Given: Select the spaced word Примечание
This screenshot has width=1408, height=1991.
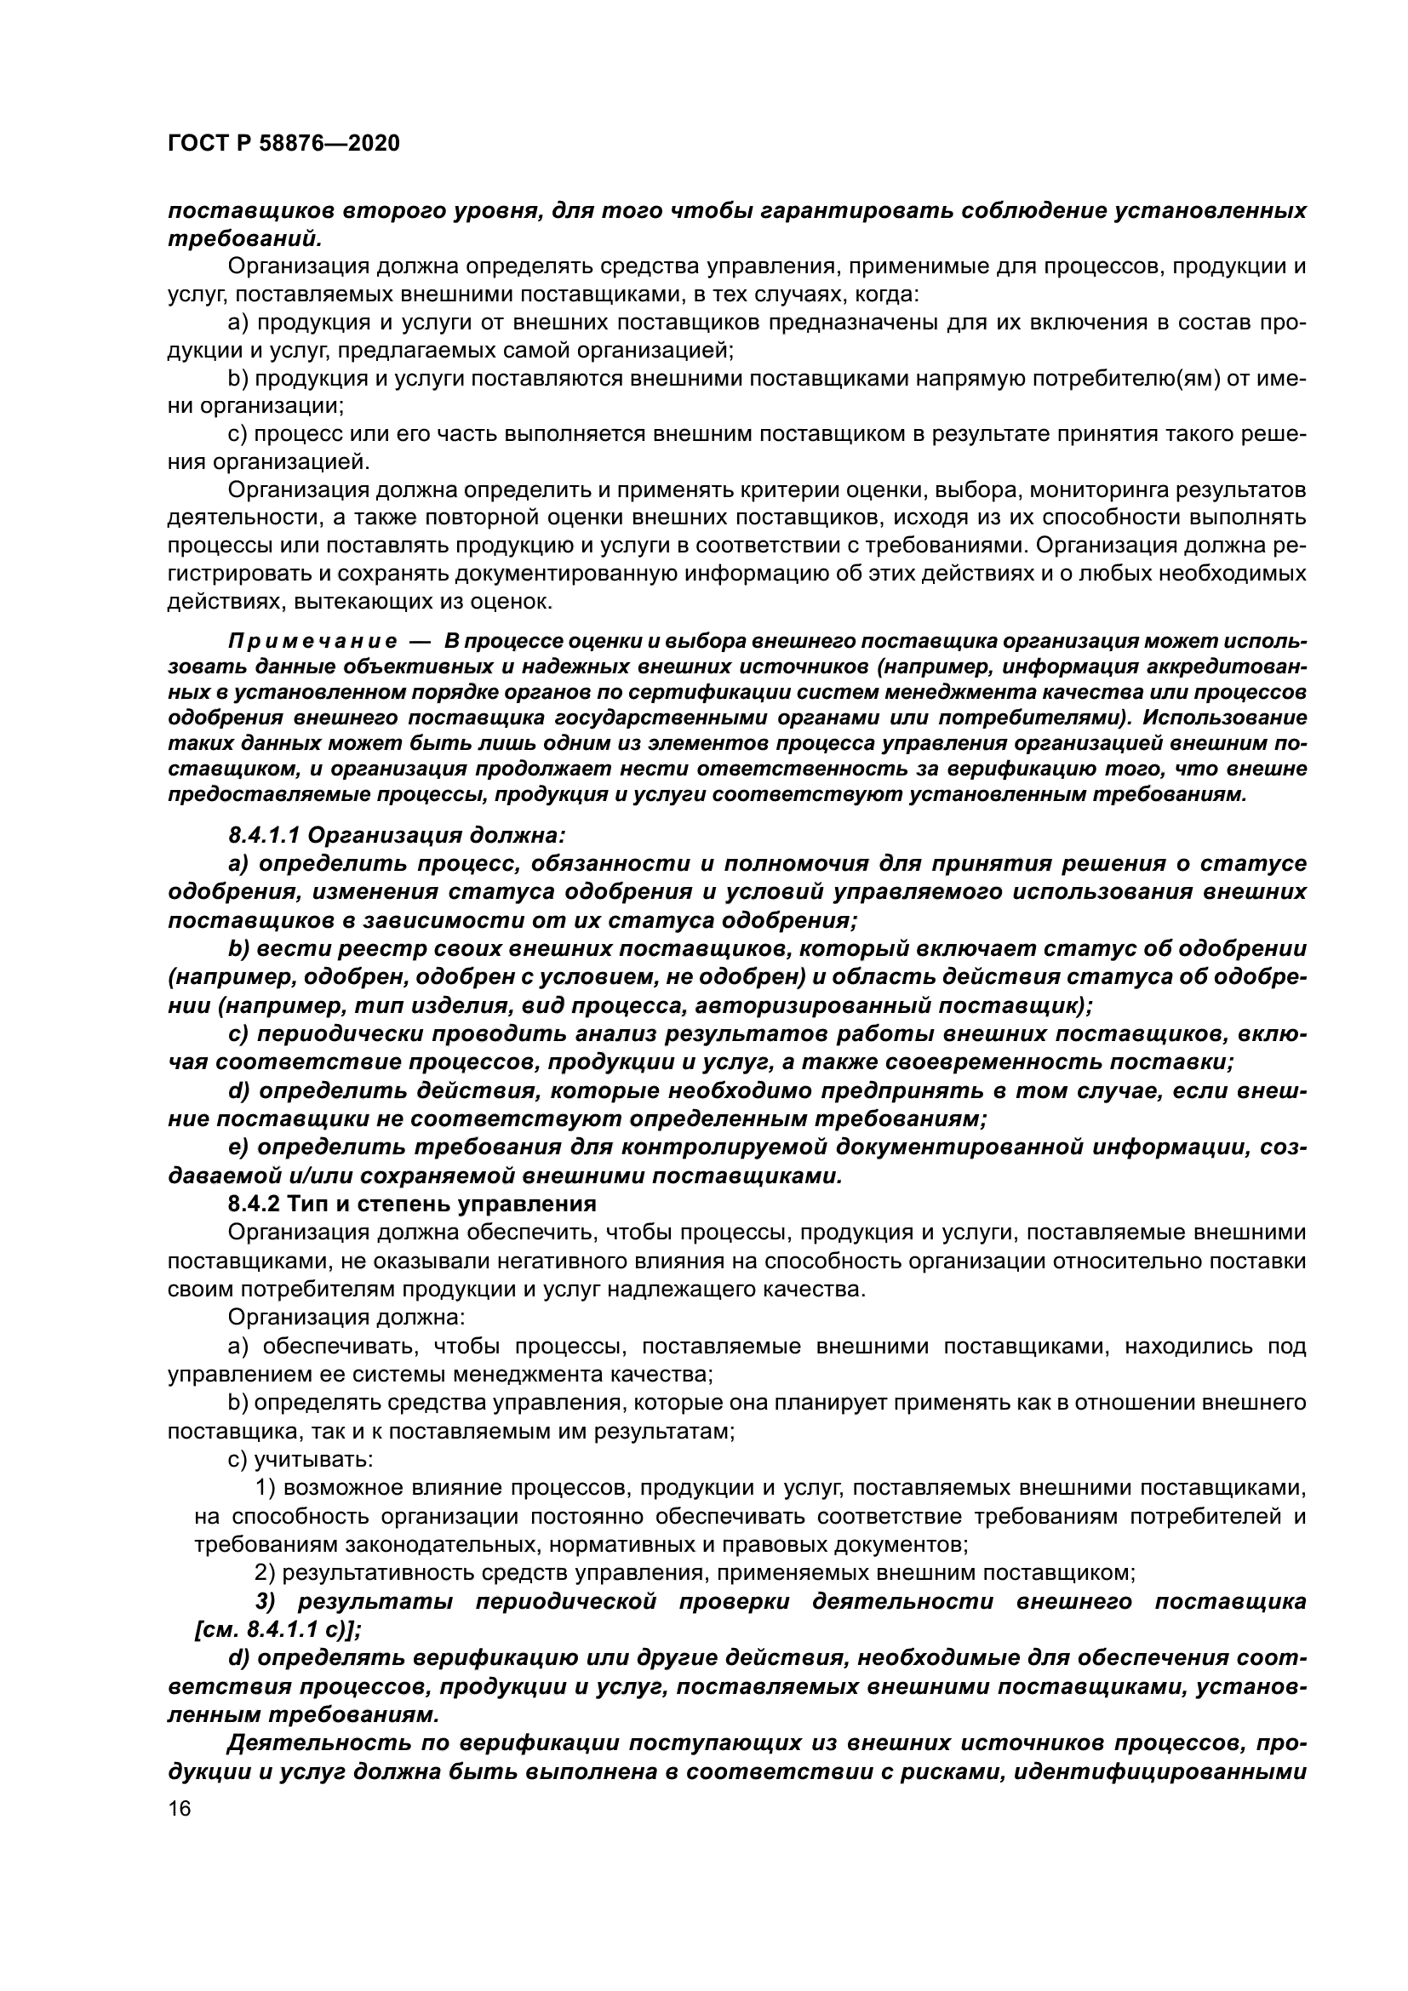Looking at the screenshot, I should pos(313,642).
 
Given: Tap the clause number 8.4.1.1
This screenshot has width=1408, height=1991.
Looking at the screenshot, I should pos(264,835).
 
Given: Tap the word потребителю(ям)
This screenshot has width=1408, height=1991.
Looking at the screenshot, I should pos(1137,379).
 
